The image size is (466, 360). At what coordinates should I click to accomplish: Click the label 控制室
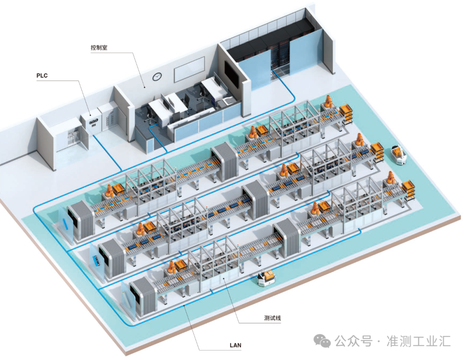(99, 48)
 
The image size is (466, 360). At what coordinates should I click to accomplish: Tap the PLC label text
(42, 76)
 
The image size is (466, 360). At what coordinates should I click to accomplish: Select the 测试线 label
(273, 318)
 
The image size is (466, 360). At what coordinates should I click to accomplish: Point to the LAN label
(235, 345)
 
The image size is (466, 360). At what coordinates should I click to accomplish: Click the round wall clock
(157, 76)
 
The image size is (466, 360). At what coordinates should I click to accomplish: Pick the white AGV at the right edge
(399, 154)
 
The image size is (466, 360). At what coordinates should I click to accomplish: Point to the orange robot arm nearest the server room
(328, 102)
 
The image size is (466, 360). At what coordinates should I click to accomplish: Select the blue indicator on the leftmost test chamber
(66, 224)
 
